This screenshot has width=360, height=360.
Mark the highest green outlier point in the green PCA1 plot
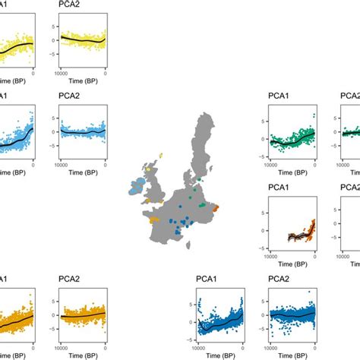(310, 112)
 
